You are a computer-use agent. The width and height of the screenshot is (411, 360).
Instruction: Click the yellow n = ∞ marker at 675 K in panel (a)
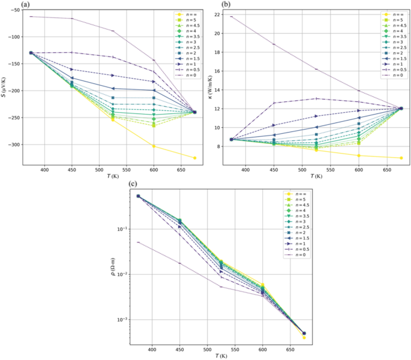pos(194,158)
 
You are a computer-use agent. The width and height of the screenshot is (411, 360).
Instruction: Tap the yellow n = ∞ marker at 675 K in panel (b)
pos(401,158)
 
